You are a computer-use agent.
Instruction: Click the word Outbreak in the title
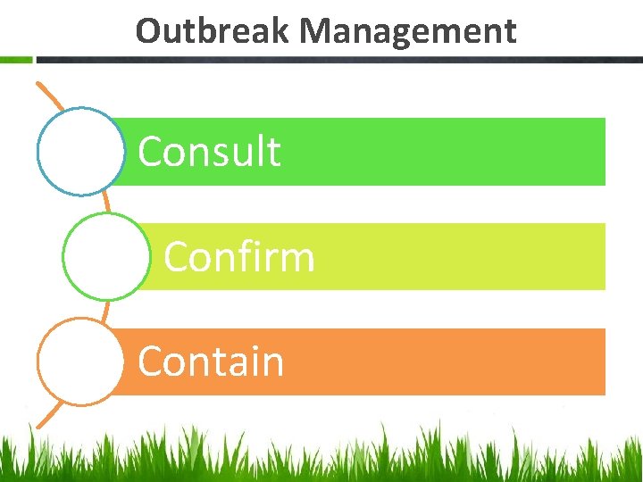coord(213,31)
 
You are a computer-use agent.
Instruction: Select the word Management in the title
coord(408,32)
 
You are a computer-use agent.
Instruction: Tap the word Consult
coord(210,152)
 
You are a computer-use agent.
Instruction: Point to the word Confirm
coord(239,257)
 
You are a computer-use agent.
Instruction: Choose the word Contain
coord(211,361)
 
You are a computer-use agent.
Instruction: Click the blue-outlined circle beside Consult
coord(80,151)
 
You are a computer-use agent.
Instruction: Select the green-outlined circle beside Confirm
coord(105,256)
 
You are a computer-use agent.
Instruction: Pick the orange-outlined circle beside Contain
coord(80,361)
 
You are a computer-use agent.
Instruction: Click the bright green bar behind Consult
coord(447,152)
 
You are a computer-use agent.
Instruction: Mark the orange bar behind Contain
coord(447,361)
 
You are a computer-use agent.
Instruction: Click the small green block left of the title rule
coord(16,60)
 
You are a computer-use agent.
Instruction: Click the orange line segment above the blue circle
coord(49,97)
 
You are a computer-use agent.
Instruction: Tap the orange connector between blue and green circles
coord(106,203)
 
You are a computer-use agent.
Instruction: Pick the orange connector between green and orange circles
coord(106,310)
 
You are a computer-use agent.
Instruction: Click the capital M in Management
coord(316,32)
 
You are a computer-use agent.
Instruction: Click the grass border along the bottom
coord(321,455)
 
